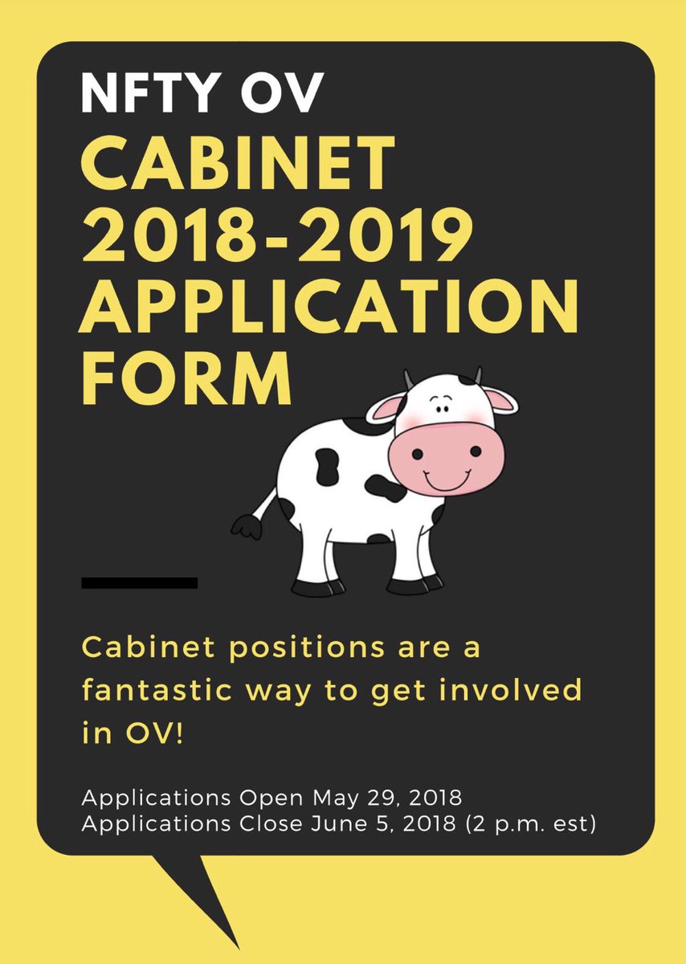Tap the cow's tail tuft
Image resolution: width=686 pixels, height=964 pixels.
tap(246, 526)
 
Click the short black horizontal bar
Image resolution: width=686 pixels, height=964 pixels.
tap(140, 582)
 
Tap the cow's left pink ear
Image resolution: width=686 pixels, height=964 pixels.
tap(383, 410)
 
